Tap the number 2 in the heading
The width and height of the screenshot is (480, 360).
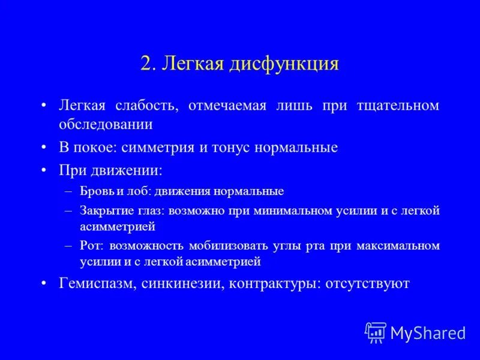146,64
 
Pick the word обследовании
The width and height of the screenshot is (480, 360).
106,124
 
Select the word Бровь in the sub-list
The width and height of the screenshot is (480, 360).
93,191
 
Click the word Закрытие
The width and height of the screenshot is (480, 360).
103,211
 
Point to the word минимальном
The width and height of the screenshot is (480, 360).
290,211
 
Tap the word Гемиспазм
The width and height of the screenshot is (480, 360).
97,284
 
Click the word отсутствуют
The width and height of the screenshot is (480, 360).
367,284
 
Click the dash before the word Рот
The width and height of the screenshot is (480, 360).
68,246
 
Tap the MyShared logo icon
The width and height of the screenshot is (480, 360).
376,332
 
